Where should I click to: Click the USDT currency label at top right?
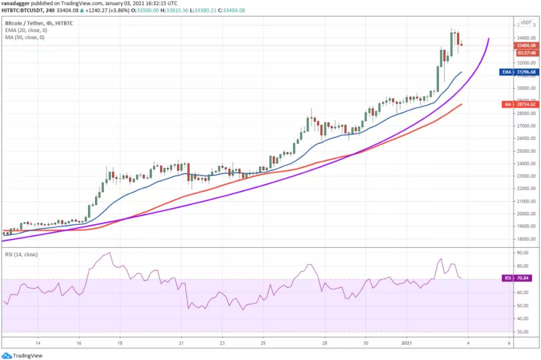(526, 23)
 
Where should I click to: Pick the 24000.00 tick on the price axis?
(526, 163)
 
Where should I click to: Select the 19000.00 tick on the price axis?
(526, 226)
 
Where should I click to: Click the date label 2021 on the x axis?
(407, 343)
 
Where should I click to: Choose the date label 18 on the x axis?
(120, 343)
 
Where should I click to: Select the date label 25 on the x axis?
(263, 343)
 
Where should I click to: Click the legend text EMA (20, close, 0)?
(26, 30)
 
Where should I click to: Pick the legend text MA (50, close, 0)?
(25, 37)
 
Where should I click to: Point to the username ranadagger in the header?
(16, 3)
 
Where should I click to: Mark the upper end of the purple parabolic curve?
(488, 39)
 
